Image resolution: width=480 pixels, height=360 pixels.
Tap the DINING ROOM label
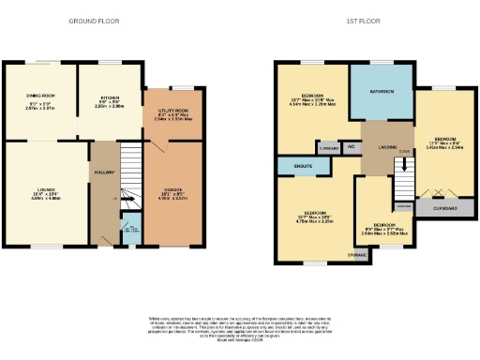39,93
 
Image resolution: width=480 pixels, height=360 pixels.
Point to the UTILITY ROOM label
173,110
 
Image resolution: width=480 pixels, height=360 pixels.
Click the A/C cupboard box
352,148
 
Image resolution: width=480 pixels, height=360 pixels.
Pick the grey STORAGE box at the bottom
356,253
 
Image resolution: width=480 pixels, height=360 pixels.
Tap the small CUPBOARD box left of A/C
329,148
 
